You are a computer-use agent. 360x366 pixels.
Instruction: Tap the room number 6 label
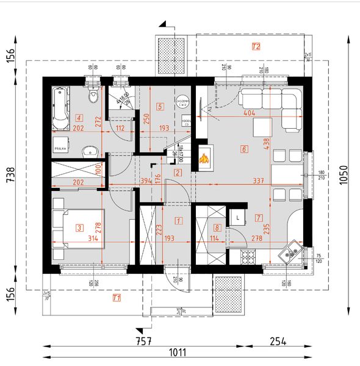244,148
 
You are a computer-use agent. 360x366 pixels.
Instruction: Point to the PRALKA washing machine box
60,148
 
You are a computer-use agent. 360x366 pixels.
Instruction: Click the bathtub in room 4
59,109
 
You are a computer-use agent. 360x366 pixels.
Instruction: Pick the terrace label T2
256,46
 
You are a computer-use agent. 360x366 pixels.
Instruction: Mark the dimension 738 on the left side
10,176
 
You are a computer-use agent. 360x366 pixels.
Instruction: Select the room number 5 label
160,106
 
